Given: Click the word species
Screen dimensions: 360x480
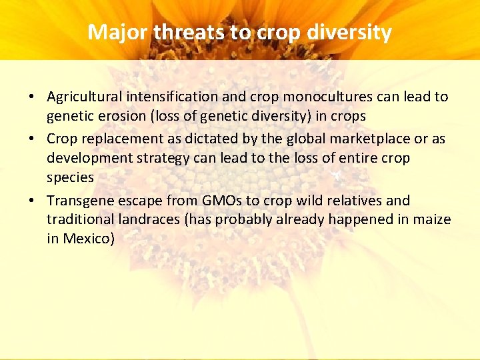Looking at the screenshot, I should coord(70,177).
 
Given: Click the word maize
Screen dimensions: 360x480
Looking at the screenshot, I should coord(433,219).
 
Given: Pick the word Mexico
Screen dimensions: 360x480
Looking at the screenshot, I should coord(88,239).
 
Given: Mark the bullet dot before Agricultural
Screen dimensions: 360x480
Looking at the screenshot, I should coord(31,97).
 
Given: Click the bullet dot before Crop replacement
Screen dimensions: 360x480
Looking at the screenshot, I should coord(31,139).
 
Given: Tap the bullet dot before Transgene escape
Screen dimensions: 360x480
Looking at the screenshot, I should coord(31,201).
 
